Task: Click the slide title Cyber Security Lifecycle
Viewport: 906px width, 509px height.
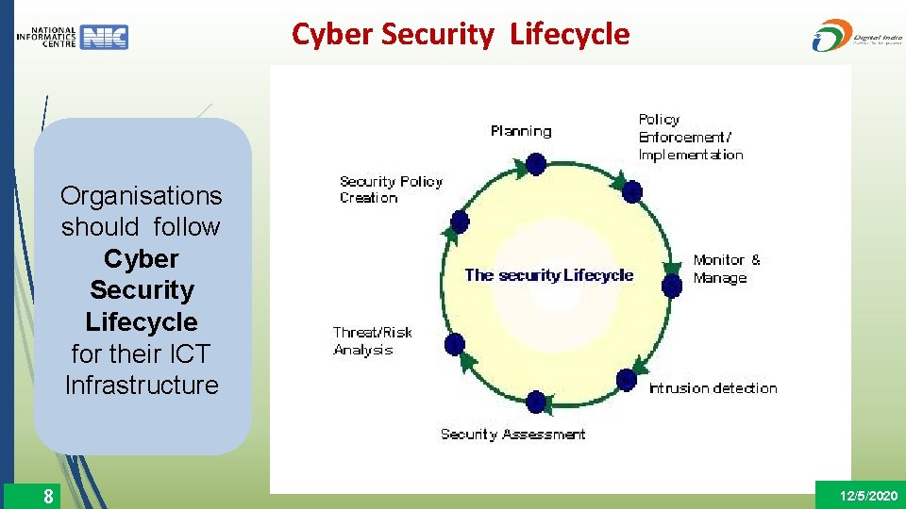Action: (x=461, y=35)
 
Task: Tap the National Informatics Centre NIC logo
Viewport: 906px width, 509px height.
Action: (x=73, y=37)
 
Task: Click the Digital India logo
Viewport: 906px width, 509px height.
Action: (x=853, y=36)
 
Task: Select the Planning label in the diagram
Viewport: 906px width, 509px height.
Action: (x=521, y=131)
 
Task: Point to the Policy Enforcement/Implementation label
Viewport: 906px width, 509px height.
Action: (x=691, y=138)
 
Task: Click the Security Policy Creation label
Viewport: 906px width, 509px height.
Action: (x=391, y=189)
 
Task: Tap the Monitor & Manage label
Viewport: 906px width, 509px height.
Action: (x=726, y=269)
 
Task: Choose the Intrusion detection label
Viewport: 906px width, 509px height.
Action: (x=713, y=388)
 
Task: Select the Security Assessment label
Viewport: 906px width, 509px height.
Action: (x=512, y=435)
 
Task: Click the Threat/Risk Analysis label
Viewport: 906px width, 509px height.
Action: (x=372, y=341)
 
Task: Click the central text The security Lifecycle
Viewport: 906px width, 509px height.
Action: (x=548, y=275)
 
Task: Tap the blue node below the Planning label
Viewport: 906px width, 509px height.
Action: (x=536, y=164)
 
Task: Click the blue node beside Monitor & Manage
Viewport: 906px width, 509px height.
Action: (x=672, y=285)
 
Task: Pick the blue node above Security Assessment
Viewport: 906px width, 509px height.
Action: (x=536, y=402)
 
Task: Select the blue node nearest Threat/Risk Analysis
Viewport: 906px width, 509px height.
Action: (x=455, y=344)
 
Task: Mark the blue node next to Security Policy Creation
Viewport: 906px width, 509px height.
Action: (x=460, y=222)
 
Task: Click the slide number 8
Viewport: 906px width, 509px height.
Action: (x=48, y=496)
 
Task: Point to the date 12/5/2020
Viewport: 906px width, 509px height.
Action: (x=868, y=496)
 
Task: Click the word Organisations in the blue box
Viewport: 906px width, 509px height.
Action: (x=142, y=196)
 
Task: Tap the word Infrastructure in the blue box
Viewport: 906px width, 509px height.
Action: (x=142, y=386)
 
